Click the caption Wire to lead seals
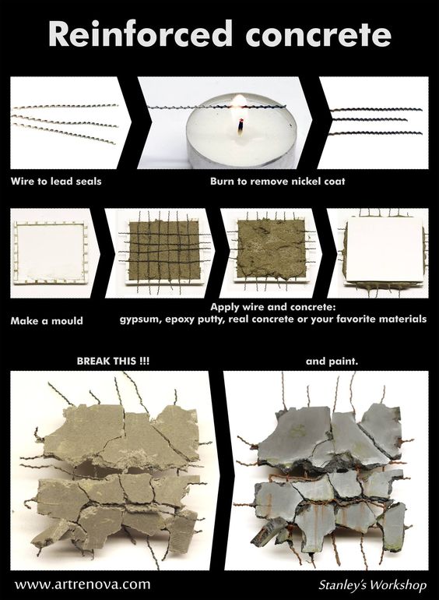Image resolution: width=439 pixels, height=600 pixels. point(56,181)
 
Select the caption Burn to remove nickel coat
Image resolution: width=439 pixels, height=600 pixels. point(277,181)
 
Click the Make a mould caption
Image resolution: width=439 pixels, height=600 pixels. point(47,321)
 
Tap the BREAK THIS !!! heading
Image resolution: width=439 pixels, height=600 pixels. point(113,361)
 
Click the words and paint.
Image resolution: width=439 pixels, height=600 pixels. point(332,362)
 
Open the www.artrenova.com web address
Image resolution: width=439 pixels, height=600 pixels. point(83,584)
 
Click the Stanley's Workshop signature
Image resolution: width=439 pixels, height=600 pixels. point(373,585)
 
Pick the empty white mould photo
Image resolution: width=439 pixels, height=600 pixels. point(50,253)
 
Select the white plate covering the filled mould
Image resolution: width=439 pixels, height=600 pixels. point(385,252)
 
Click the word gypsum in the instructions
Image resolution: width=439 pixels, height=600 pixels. point(140,319)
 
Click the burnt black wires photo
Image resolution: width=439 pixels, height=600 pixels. point(374,122)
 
